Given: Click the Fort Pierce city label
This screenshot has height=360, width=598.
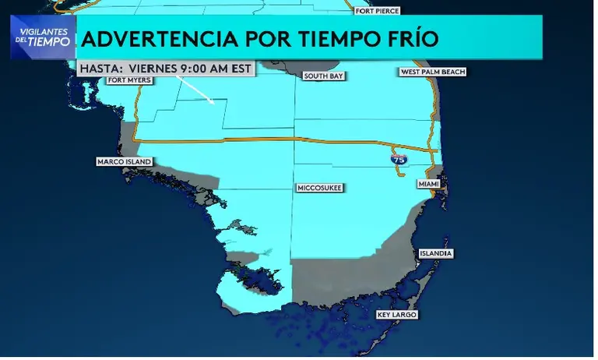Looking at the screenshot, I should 377,11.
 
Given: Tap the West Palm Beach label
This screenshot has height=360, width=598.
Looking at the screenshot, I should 432,72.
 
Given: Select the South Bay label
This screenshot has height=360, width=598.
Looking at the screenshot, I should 324,76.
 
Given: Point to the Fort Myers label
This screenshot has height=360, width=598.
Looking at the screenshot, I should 129,79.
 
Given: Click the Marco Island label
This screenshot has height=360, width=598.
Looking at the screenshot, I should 123,162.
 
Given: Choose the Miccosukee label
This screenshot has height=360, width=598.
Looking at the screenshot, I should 320,188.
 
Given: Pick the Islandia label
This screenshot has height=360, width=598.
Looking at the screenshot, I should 435,253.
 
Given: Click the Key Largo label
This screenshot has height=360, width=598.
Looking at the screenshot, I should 396,315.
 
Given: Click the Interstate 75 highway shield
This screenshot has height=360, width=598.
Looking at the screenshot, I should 398,158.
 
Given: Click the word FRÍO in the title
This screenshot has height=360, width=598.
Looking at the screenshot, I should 410,38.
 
